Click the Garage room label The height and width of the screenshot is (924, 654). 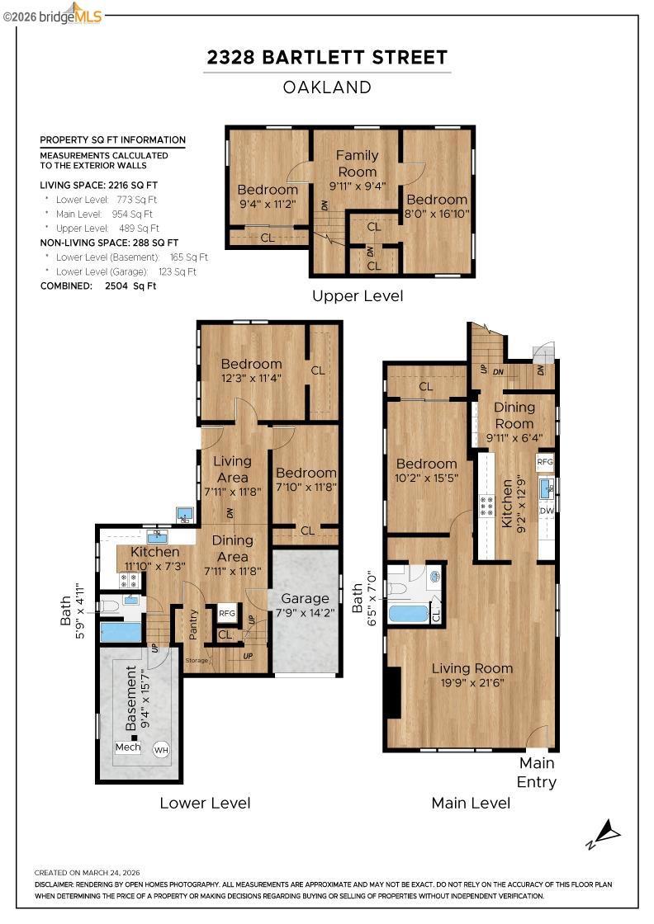(x=305, y=598)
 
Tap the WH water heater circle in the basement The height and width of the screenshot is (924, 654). (x=161, y=750)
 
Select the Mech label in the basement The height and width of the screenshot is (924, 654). (x=128, y=747)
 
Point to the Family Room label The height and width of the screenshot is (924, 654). (x=357, y=163)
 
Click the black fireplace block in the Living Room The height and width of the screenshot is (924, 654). (x=392, y=692)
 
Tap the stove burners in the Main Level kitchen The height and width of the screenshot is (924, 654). (x=486, y=507)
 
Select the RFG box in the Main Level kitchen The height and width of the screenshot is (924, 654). (x=546, y=461)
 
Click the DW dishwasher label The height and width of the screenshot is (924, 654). (x=547, y=511)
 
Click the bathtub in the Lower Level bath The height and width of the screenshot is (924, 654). (x=121, y=631)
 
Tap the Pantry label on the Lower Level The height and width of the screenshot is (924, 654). (x=193, y=624)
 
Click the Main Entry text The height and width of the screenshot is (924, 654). (x=537, y=772)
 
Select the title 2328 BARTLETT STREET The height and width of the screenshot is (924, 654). (x=327, y=57)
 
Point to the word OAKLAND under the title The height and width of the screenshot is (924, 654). (x=327, y=87)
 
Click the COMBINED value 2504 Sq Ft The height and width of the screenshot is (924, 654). (x=130, y=285)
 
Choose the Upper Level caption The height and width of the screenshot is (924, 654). (x=358, y=296)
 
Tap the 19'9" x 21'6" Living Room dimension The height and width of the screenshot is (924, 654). (x=472, y=683)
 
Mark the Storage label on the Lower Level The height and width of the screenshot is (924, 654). (x=197, y=661)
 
